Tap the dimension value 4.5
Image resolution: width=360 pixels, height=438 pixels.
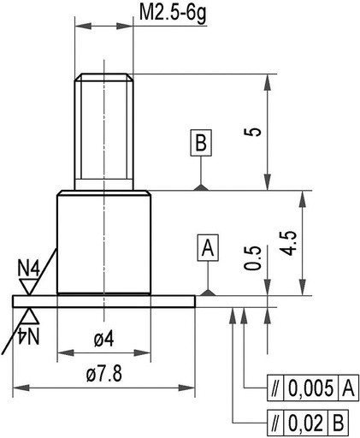tap(291, 243)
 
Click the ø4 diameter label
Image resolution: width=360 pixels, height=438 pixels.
tap(103, 340)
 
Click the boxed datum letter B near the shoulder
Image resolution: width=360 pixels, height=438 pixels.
tap(200, 142)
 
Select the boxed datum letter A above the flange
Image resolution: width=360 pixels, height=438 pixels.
tap(207, 249)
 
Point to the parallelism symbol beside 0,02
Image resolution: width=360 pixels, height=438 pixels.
tap(274, 422)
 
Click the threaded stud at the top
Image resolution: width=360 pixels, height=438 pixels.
tap(103, 128)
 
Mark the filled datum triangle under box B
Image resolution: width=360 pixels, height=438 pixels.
tap(200, 187)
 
